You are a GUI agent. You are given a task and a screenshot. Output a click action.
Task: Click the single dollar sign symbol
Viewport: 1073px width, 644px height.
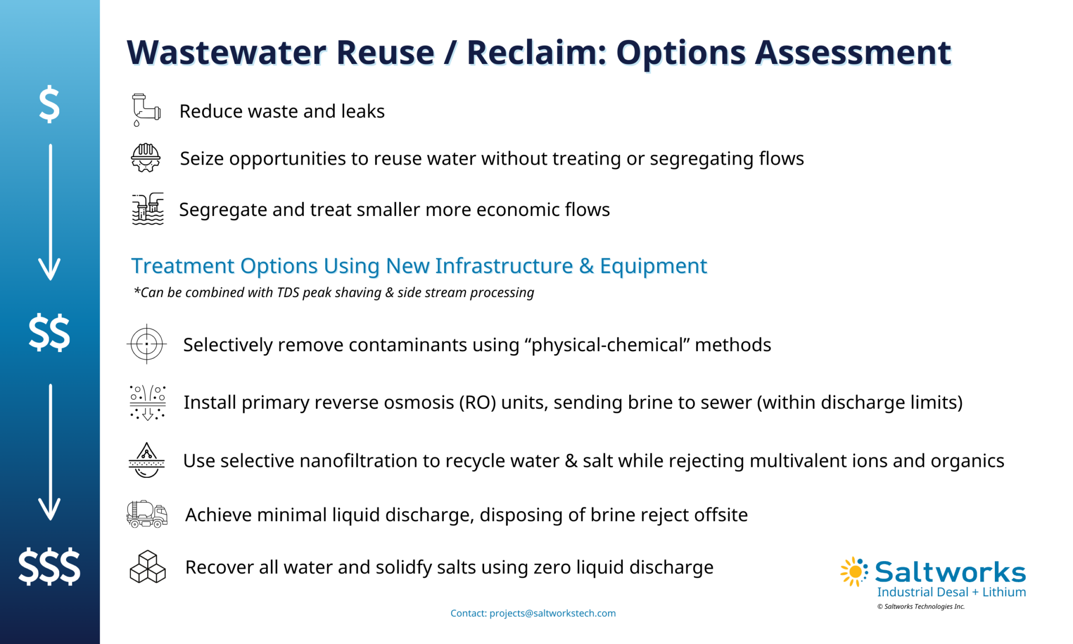(49, 104)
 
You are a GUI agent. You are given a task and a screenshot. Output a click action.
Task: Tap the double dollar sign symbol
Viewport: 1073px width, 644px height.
(49, 333)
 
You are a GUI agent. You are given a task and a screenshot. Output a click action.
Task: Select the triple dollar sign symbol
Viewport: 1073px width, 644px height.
(49, 567)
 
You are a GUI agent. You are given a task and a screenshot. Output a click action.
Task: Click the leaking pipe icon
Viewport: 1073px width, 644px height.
(146, 110)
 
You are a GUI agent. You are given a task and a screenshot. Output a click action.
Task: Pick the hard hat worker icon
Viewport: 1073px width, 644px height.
(146, 158)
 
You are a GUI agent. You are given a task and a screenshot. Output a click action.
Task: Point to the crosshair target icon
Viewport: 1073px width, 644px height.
(147, 344)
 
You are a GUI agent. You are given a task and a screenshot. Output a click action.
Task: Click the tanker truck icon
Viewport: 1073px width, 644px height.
(147, 514)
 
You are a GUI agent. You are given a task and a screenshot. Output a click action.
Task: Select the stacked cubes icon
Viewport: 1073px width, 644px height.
(147, 567)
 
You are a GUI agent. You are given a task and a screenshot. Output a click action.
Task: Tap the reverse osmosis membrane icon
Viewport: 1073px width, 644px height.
(148, 402)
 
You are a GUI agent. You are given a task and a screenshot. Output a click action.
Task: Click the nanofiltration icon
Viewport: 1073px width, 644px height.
(147, 460)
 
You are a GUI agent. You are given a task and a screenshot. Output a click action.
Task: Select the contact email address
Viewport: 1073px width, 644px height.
(552, 613)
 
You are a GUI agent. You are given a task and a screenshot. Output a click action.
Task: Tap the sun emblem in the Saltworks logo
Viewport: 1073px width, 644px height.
(854, 571)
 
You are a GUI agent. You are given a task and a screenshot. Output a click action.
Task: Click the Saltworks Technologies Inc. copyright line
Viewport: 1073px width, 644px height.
(921, 607)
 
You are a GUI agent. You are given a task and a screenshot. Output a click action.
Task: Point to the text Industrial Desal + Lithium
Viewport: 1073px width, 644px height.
(951, 592)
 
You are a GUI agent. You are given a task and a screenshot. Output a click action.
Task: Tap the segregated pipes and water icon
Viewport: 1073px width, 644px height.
(148, 209)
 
